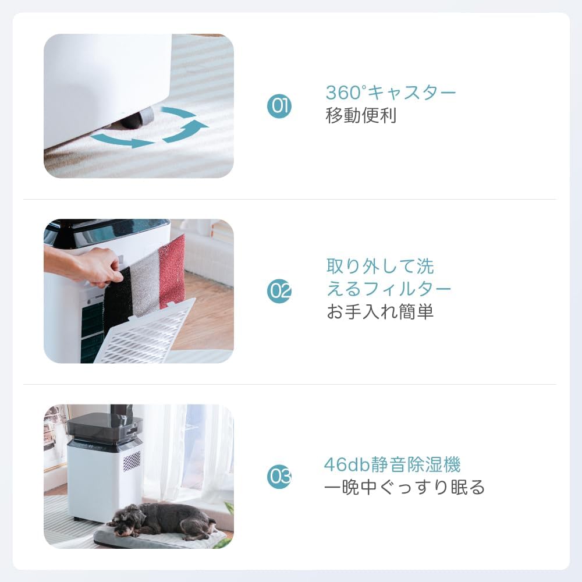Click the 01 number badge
[x=279, y=106]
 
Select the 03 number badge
[x=279, y=477]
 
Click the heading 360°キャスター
[x=391, y=93]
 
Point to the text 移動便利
[x=361, y=115]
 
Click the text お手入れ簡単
[x=380, y=312]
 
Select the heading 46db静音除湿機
[x=392, y=465]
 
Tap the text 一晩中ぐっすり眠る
[x=404, y=487]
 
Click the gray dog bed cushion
[x=169, y=539]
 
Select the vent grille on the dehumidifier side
[x=132, y=461]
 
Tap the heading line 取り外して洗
[x=379, y=267]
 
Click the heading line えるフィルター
[x=388, y=289]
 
